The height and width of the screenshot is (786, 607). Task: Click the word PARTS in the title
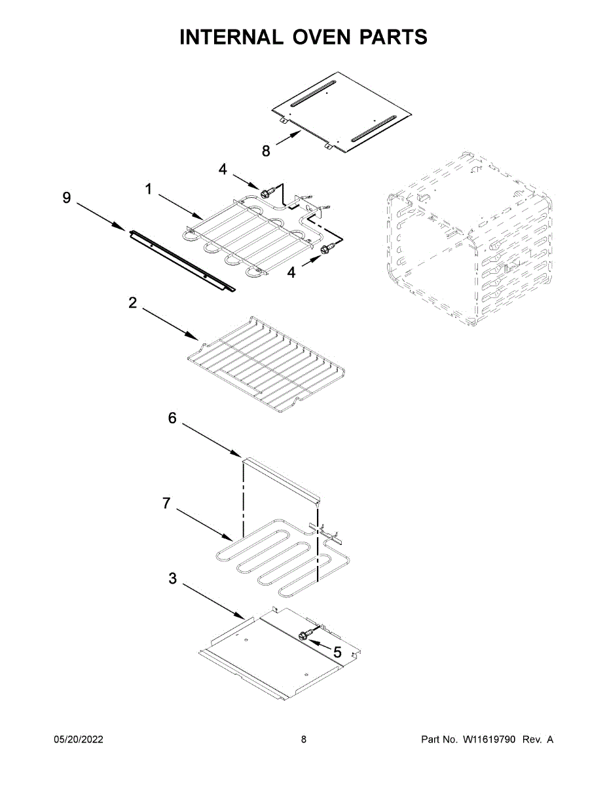point(393,37)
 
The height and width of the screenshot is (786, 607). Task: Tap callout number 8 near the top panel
point(266,151)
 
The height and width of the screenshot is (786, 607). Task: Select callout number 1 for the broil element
point(149,189)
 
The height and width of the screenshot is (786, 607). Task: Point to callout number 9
point(67,198)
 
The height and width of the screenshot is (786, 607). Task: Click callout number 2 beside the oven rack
point(133,303)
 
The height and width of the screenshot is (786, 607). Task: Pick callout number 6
point(172,418)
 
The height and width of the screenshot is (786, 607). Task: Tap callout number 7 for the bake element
point(166,503)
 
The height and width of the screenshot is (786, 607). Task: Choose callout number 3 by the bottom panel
point(172,578)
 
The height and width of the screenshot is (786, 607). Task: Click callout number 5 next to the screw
point(337,652)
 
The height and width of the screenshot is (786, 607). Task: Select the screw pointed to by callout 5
point(304,635)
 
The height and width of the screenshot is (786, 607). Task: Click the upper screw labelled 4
point(267,193)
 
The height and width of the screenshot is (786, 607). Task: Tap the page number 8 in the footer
point(304,739)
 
